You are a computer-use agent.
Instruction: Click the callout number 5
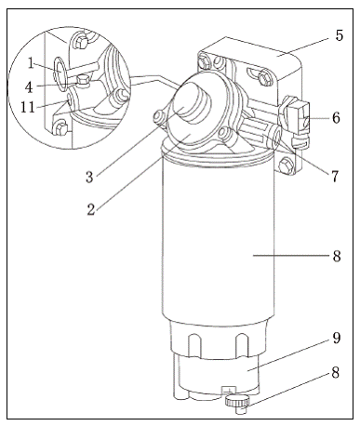click(x=340, y=35)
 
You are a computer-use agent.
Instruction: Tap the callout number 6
click(x=336, y=118)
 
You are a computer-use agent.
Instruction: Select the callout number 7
click(x=335, y=177)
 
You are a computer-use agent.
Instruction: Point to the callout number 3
click(x=89, y=178)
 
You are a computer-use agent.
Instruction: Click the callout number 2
click(x=90, y=209)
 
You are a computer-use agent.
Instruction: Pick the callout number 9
click(x=337, y=338)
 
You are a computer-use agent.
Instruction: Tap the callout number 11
click(x=28, y=107)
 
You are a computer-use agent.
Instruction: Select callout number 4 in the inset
click(x=29, y=87)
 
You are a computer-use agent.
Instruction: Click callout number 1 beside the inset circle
click(x=31, y=63)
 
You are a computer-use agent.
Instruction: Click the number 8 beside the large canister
click(x=337, y=257)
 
